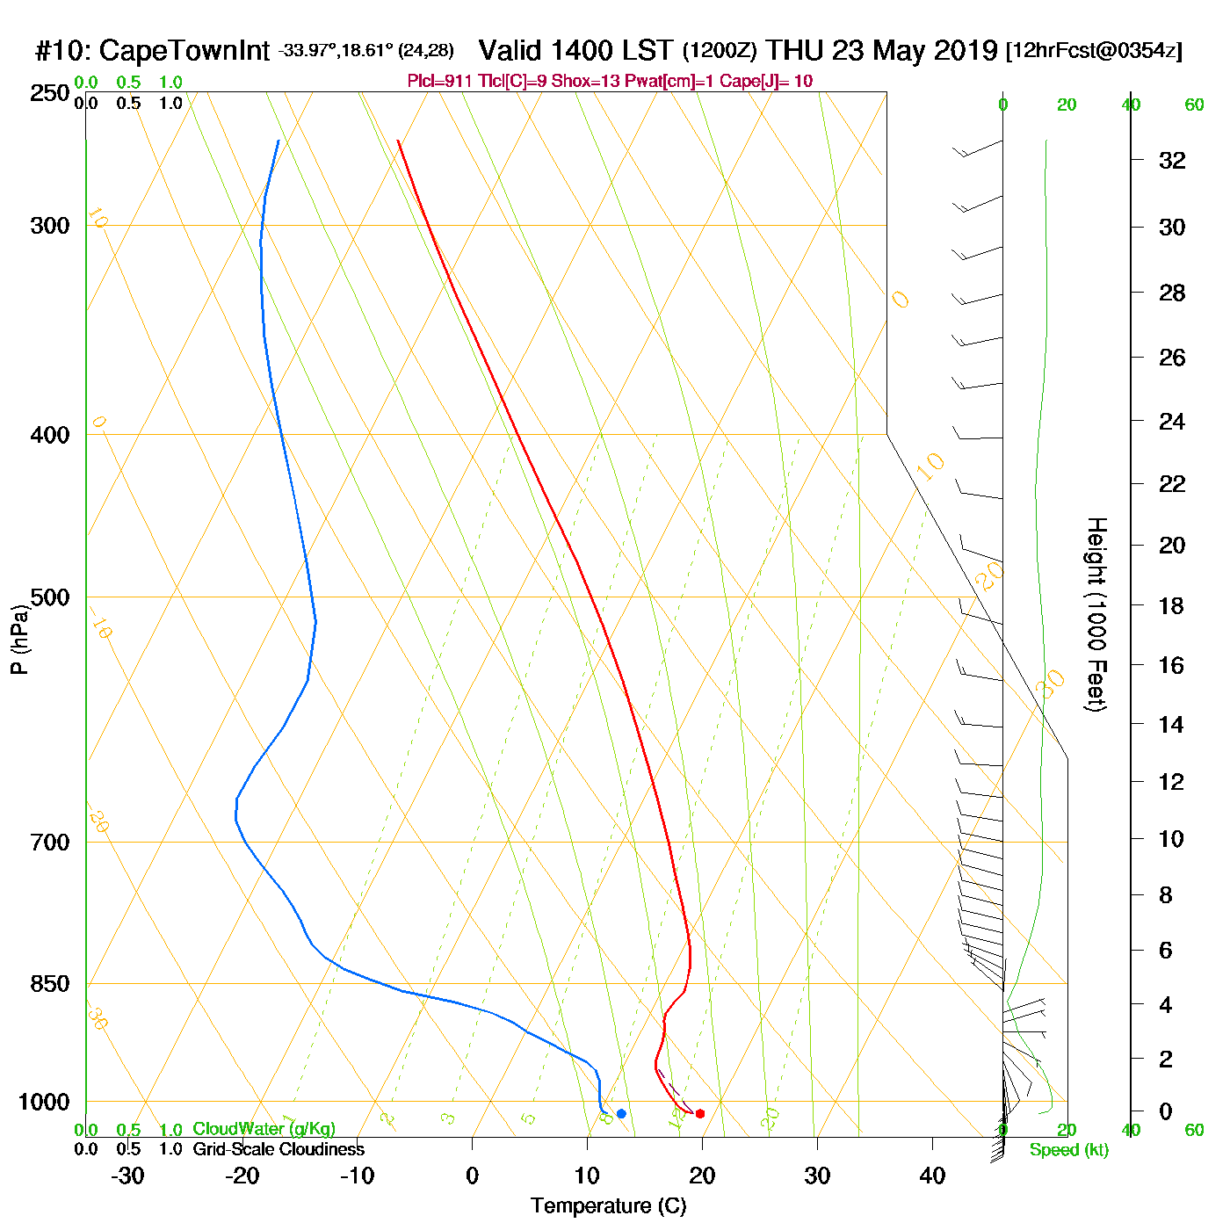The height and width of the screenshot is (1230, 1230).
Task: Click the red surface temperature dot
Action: pyautogui.click(x=700, y=1114)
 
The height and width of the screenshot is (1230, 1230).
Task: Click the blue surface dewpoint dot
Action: pyautogui.click(x=621, y=1114)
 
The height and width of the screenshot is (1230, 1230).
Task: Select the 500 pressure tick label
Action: pyautogui.click(x=50, y=597)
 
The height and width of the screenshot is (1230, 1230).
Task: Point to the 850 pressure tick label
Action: pyautogui.click(x=50, y=984)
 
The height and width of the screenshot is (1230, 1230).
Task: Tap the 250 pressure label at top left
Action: pyautogui.click(x=50, y=93)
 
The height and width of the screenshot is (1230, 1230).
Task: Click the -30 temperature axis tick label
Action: pyautogui.click(x=127, y=1176)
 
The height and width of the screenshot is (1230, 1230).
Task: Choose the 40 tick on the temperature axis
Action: pyautogui.click(x=932, y=1176)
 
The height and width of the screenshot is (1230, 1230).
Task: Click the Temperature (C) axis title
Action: pyautogui.click(x=608, y=1206)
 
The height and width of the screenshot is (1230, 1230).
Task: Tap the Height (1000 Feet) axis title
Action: pyautogui.click(x=1096, y=614)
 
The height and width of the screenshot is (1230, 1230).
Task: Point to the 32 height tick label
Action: pyautogui.click(x=1172, y=161)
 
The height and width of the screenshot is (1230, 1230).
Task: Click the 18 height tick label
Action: pyautogui.click(x=1172, y=605)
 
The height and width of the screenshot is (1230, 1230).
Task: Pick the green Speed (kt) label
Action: pyautogui.click(x=1068, y=1150)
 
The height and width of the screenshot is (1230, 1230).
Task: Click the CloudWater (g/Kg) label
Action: pyautogui.click(x=264, y=1129)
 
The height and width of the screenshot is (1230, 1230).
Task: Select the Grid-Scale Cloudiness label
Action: pyautogui.click(x=279, y=1149)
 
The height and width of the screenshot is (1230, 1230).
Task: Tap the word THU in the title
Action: pyautogui.click(x=796, y=50)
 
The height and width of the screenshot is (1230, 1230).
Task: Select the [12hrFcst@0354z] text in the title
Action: pyautogui.click(x=1094, y=50)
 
